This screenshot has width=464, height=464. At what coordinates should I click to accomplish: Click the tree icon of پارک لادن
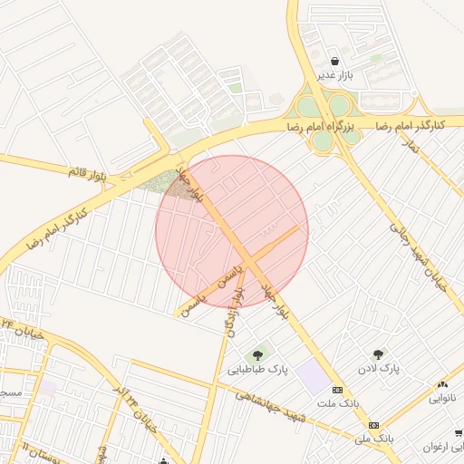378,354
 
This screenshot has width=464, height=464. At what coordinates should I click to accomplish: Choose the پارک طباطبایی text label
256,369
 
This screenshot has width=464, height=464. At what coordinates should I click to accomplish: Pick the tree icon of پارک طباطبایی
258,353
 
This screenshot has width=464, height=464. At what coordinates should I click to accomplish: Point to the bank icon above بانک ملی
372,424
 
